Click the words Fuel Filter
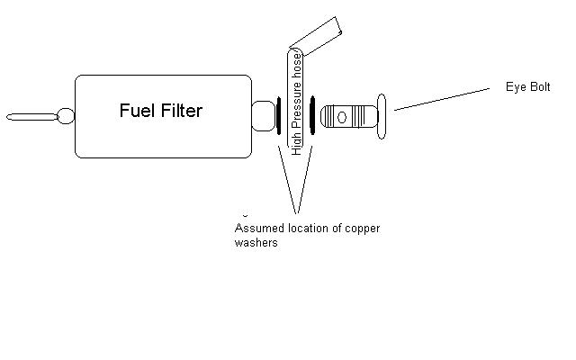pos(161,111)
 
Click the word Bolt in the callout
pos(539,87)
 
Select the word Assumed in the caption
pos(257,229)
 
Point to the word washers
pos(256,243)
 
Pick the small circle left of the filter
pos(66,116)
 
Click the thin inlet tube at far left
pos(32,116)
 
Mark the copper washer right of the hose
pos(312,116)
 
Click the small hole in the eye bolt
pos(341,116)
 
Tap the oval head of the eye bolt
pos(382,116)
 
